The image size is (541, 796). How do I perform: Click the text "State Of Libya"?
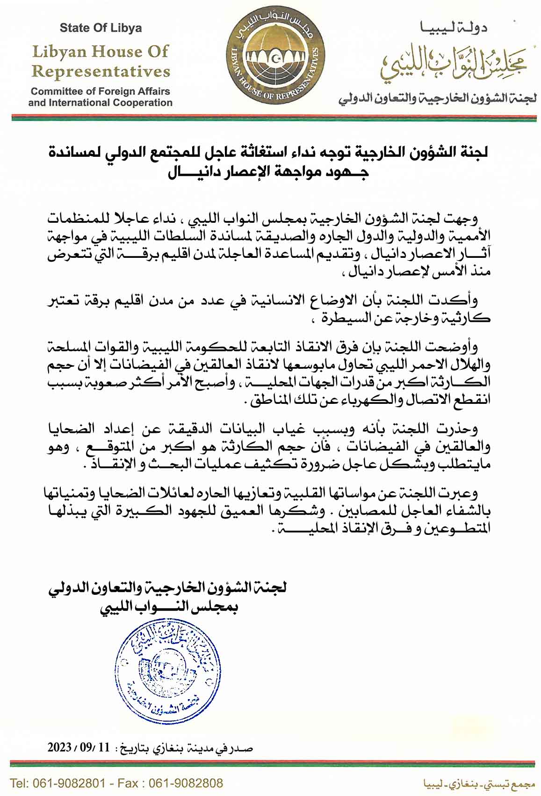click(x=101, y=28)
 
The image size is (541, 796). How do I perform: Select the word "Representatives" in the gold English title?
click(x=101, y=72)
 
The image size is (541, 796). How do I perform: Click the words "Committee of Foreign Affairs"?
click(x=101, y=91)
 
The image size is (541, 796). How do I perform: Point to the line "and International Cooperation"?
click(x=101, y=102)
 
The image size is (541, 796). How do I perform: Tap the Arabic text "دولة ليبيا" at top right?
click(x=453, y=29)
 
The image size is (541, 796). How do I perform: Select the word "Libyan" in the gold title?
click(x=61, y=51)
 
